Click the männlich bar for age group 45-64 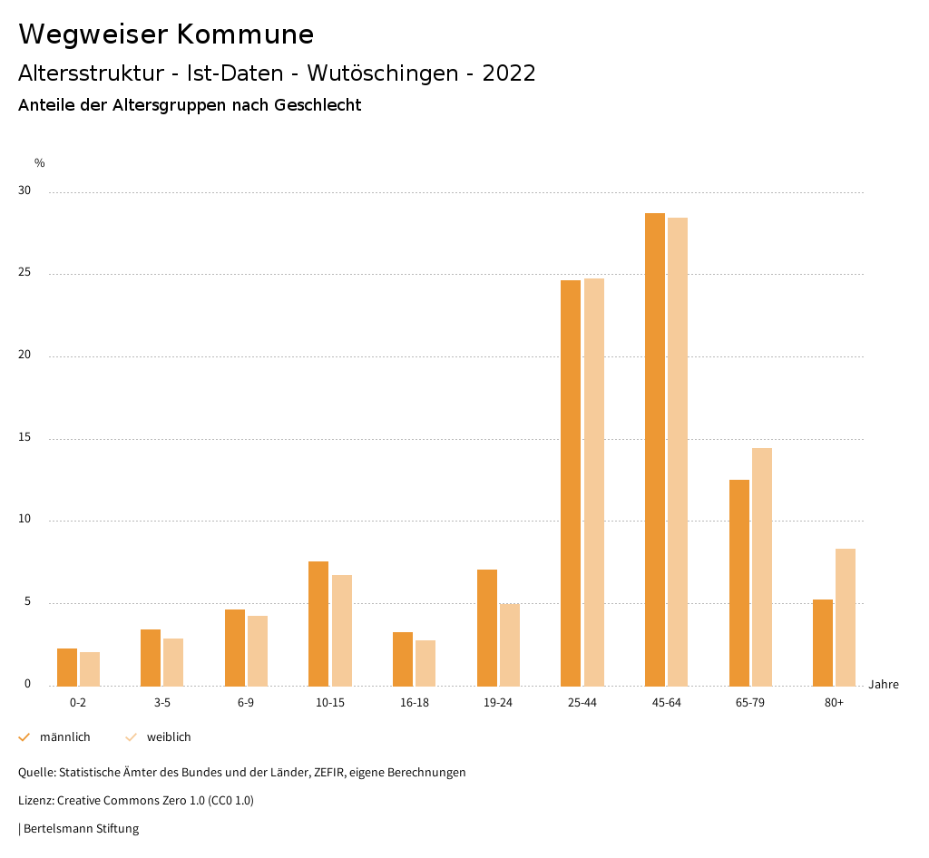(655, 449)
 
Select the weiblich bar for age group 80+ (846, 617)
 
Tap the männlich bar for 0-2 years (67, 667)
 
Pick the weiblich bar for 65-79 (762, 567)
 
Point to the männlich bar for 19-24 (487, 628)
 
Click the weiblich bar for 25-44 (594, 482)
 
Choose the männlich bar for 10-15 (318, 623)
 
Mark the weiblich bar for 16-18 (425, 663)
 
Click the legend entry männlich (64, 737)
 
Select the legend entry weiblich (169, 737)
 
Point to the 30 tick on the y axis (24, 191)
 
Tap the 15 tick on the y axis (24, 438)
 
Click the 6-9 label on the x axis (246, 703)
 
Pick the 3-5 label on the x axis (162, 703)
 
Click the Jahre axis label (884, 685)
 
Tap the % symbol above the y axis (40, 163)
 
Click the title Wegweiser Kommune (166, 34)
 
